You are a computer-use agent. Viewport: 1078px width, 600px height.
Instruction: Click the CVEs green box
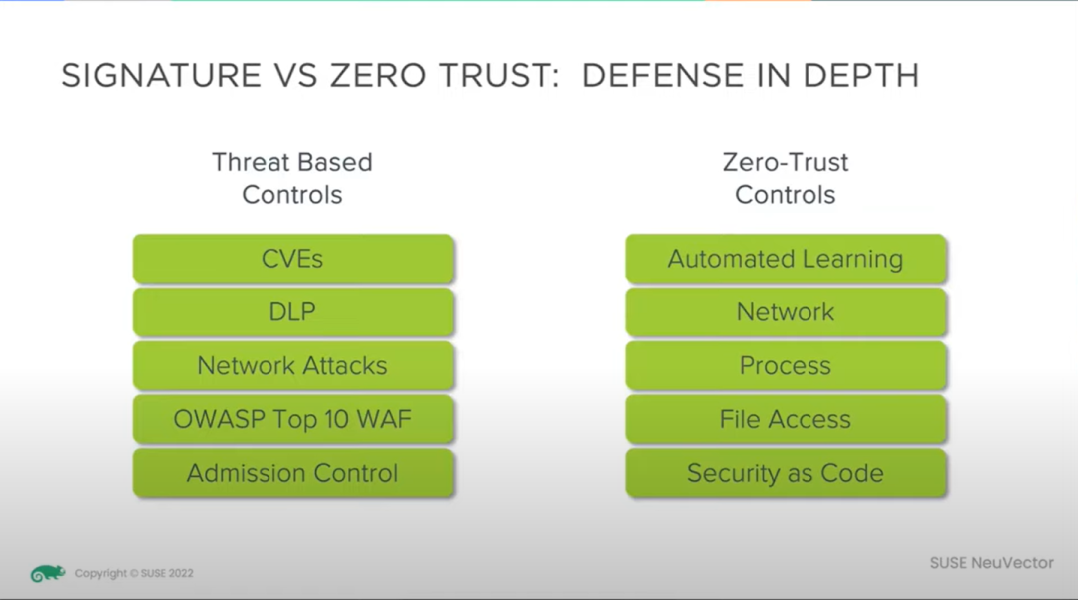pos(292,259)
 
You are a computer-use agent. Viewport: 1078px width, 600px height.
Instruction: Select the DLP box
pos(292,312)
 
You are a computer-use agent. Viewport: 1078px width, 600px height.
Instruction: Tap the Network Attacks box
pos(292,365)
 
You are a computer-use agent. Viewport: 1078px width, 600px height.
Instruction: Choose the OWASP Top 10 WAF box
pos(292,419)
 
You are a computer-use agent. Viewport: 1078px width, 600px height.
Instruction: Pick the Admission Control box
pos(292,473)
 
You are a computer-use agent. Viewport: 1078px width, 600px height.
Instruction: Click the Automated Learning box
pos(786,259)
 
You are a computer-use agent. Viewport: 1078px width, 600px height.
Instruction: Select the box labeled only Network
pos(786,312)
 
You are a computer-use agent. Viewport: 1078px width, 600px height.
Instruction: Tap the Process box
pos(786,365)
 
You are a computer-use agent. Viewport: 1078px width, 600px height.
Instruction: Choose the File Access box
pos(786,419)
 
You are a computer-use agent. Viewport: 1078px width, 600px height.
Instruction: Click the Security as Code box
pos(786,473)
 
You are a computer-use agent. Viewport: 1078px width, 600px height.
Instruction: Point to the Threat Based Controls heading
pos(292,178)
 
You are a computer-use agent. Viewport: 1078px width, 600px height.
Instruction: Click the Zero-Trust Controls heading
pos(786,178)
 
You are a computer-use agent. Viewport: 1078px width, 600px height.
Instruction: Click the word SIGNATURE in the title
pos(162,76)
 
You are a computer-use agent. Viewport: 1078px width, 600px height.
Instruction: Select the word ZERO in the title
pos(378,76)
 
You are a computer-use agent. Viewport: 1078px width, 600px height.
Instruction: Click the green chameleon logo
pos(48,573)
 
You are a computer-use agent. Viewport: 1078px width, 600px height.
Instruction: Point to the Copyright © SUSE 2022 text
pos(134,573)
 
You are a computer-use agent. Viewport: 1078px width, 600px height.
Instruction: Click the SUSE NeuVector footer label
pos(991,563)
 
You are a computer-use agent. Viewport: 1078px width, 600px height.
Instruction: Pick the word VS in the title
pos(295,76)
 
